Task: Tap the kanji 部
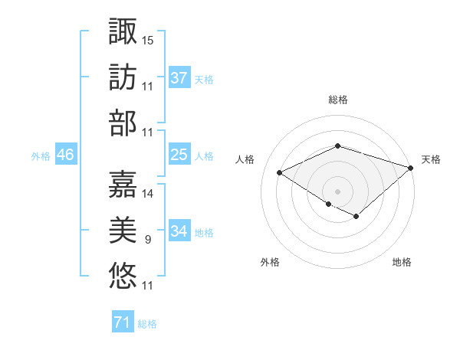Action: tap(123, 123)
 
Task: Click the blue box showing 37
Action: tap(179, 78)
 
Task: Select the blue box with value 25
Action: tap(179, 155)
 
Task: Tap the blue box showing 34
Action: tap(179, 231)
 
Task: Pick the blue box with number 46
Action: tap(66, 155)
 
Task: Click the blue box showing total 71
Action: tap(123, 323)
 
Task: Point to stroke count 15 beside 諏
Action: tap(148, 40)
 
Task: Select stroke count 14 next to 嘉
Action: tap(148, 193)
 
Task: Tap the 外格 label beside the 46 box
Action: tap(41, 155)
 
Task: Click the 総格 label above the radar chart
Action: tap(338, 100)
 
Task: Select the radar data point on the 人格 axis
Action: tap(280, 173)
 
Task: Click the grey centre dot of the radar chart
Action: tap(338, 190)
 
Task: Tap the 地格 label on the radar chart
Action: tap(402, 263)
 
